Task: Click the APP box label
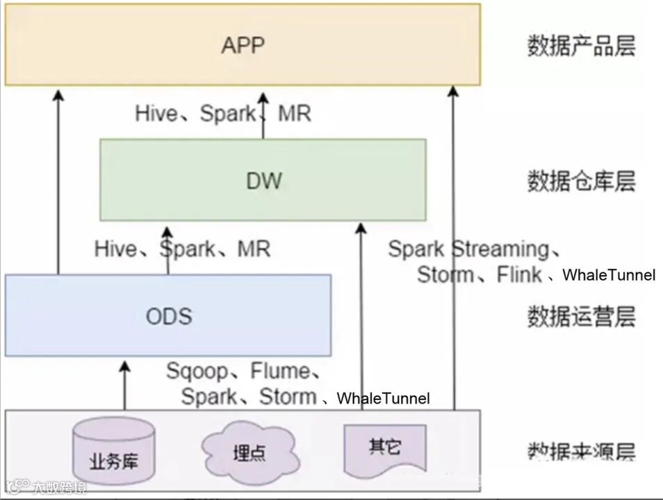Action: (x=243, y=45)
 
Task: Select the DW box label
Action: (x=264, y=181)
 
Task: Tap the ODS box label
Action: (x=168, y=316)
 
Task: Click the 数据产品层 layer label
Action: (x=581, y=47)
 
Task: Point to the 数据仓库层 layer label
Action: (x=581, y=182)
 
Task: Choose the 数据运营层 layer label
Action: (x=581, y=317)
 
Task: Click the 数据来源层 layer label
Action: (x=581, y=451)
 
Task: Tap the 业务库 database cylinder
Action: (x=113, y=451)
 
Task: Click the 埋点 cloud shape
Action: (x=249, y=453)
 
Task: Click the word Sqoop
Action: (x=197, y=371)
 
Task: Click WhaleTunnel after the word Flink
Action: (x=608, y=275)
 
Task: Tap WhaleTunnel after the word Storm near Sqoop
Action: (x=383, y=399)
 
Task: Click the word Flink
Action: (x=519, y=275)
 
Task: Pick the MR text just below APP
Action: (x=294, y=113)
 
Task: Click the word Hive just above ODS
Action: (x=115, y=248)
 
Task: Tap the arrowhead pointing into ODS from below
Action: (x=125, y=366)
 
